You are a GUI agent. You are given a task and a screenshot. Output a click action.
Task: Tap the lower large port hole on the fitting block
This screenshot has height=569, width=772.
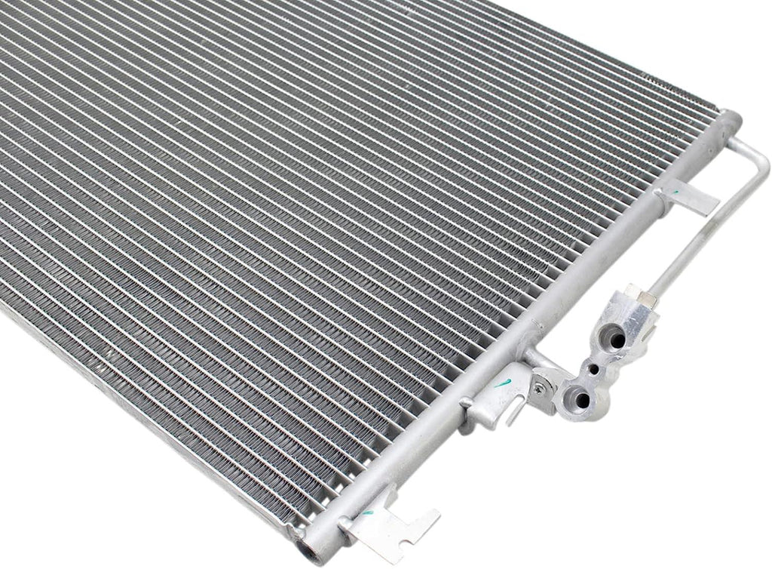[578, 395]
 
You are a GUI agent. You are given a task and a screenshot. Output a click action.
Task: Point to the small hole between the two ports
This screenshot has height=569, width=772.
[595, 370]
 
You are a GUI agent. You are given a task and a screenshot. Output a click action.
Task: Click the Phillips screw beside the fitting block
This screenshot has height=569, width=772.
[538, 387]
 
